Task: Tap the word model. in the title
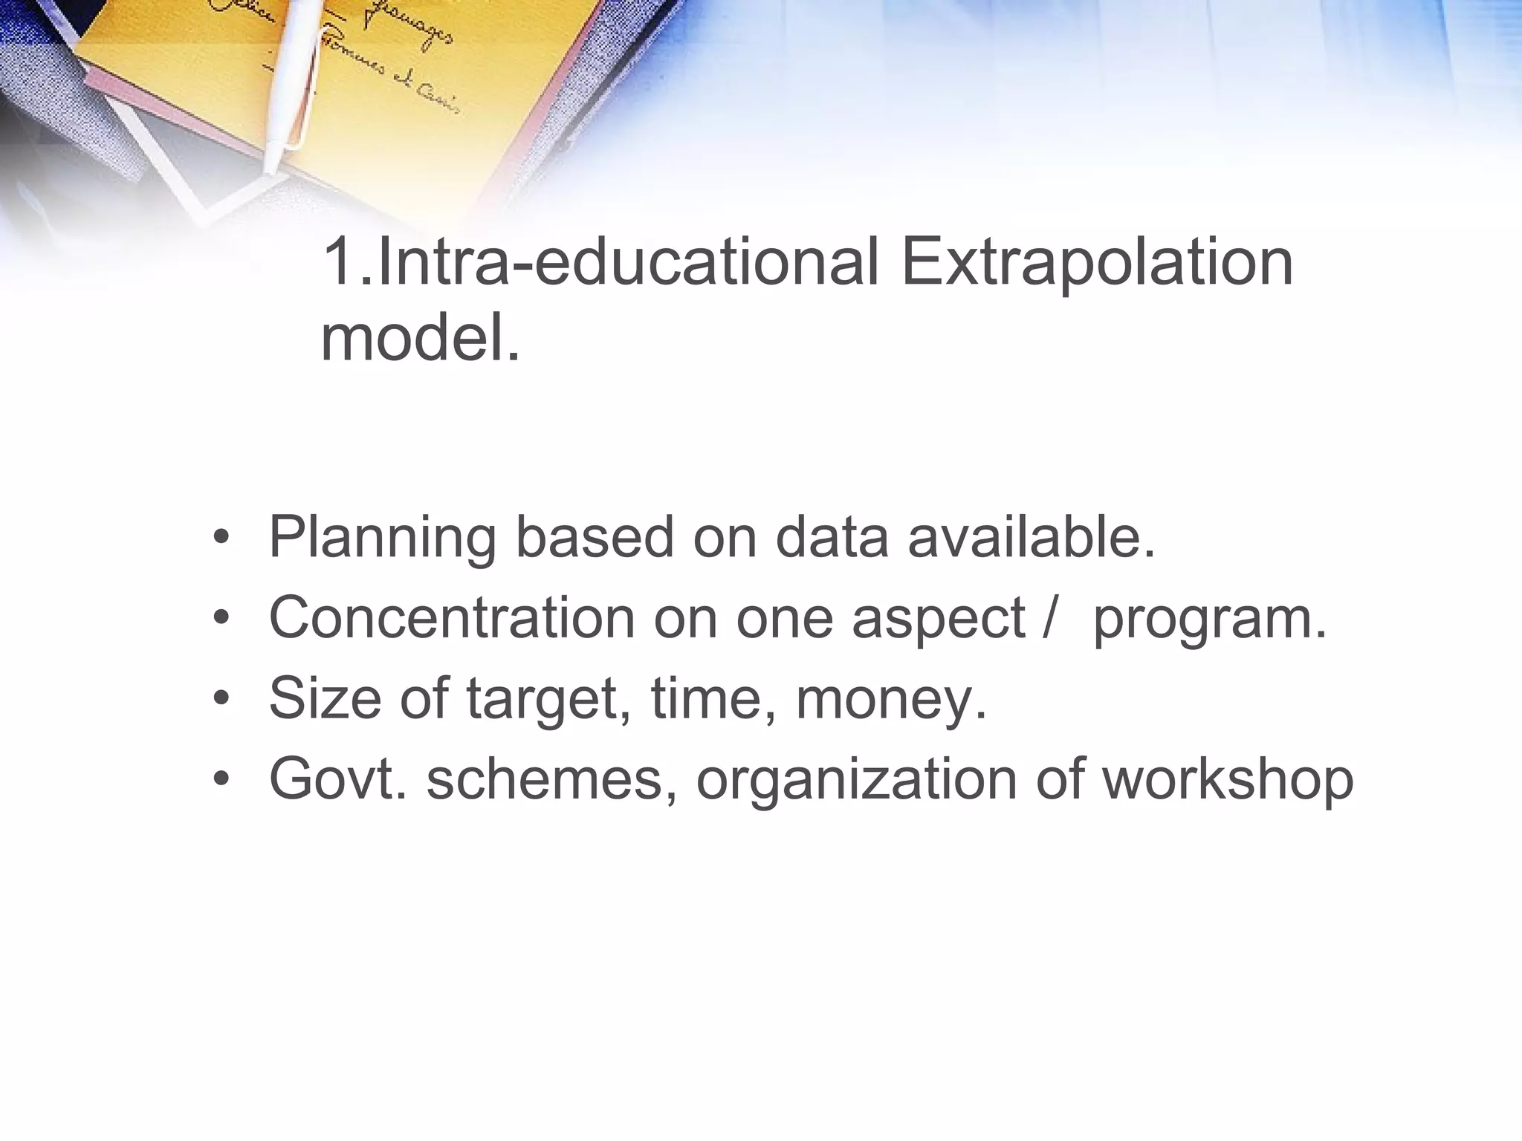[421, 339]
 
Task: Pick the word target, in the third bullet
[548, 700]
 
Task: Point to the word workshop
[1227, 780]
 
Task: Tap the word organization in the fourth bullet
[856, 780]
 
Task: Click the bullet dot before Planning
[221, 537]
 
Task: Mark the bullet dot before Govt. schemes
[221, 779]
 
